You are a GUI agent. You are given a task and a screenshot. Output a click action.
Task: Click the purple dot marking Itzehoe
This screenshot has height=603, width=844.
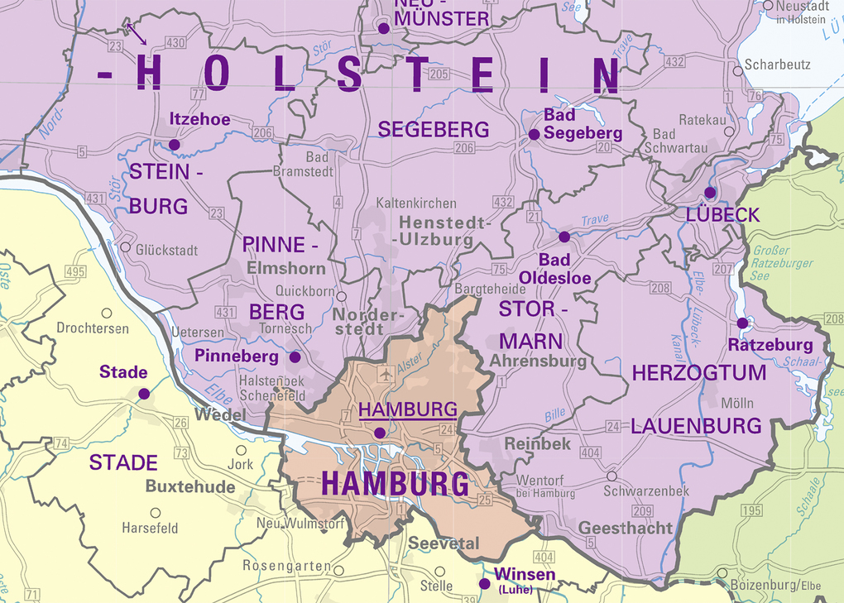[x=174, y=145]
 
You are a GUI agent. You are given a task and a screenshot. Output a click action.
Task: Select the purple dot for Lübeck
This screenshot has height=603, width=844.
[x=710, y=192]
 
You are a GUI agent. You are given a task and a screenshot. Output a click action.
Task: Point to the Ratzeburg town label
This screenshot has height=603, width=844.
[x=770, y=344]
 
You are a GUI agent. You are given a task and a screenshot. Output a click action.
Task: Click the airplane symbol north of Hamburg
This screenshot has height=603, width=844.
[x=385, y=375]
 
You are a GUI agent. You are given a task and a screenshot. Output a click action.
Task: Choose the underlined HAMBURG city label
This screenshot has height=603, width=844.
[x=409, y=409]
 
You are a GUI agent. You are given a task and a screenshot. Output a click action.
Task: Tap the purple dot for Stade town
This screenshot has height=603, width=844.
[x=144, y=394]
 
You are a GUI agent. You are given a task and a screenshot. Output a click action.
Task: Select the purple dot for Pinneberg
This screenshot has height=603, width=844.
[x=295, y=357]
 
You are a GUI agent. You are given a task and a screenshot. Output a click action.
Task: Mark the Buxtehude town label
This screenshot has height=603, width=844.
[x=190, y=486]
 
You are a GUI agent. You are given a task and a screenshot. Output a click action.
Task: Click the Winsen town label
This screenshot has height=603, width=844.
[x=525, y=576]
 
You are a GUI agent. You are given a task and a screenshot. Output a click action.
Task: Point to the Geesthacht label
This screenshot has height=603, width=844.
[x=626, y=528]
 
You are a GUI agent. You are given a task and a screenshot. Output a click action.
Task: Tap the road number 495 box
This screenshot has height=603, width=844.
[x=75, y=272]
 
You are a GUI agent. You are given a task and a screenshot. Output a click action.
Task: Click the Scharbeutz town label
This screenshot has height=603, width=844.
[x=777, y=65]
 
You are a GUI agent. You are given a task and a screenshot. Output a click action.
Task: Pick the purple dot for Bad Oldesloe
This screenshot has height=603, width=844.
[x=564, y=237]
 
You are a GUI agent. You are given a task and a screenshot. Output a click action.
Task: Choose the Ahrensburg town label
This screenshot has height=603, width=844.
[x=538, y=361]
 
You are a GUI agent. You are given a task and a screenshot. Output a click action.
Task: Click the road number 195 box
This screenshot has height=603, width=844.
[x=751, y=510]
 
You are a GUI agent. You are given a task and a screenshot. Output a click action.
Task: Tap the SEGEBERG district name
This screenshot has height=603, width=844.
[x=434, y=129]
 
